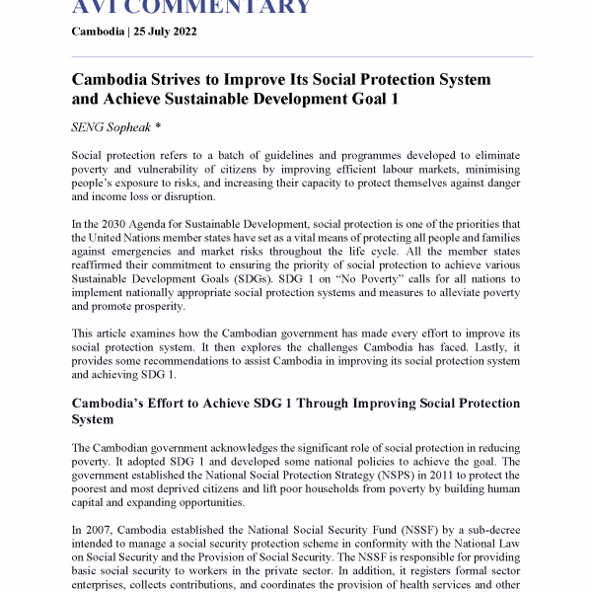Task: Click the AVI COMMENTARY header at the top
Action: (191, 8)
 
